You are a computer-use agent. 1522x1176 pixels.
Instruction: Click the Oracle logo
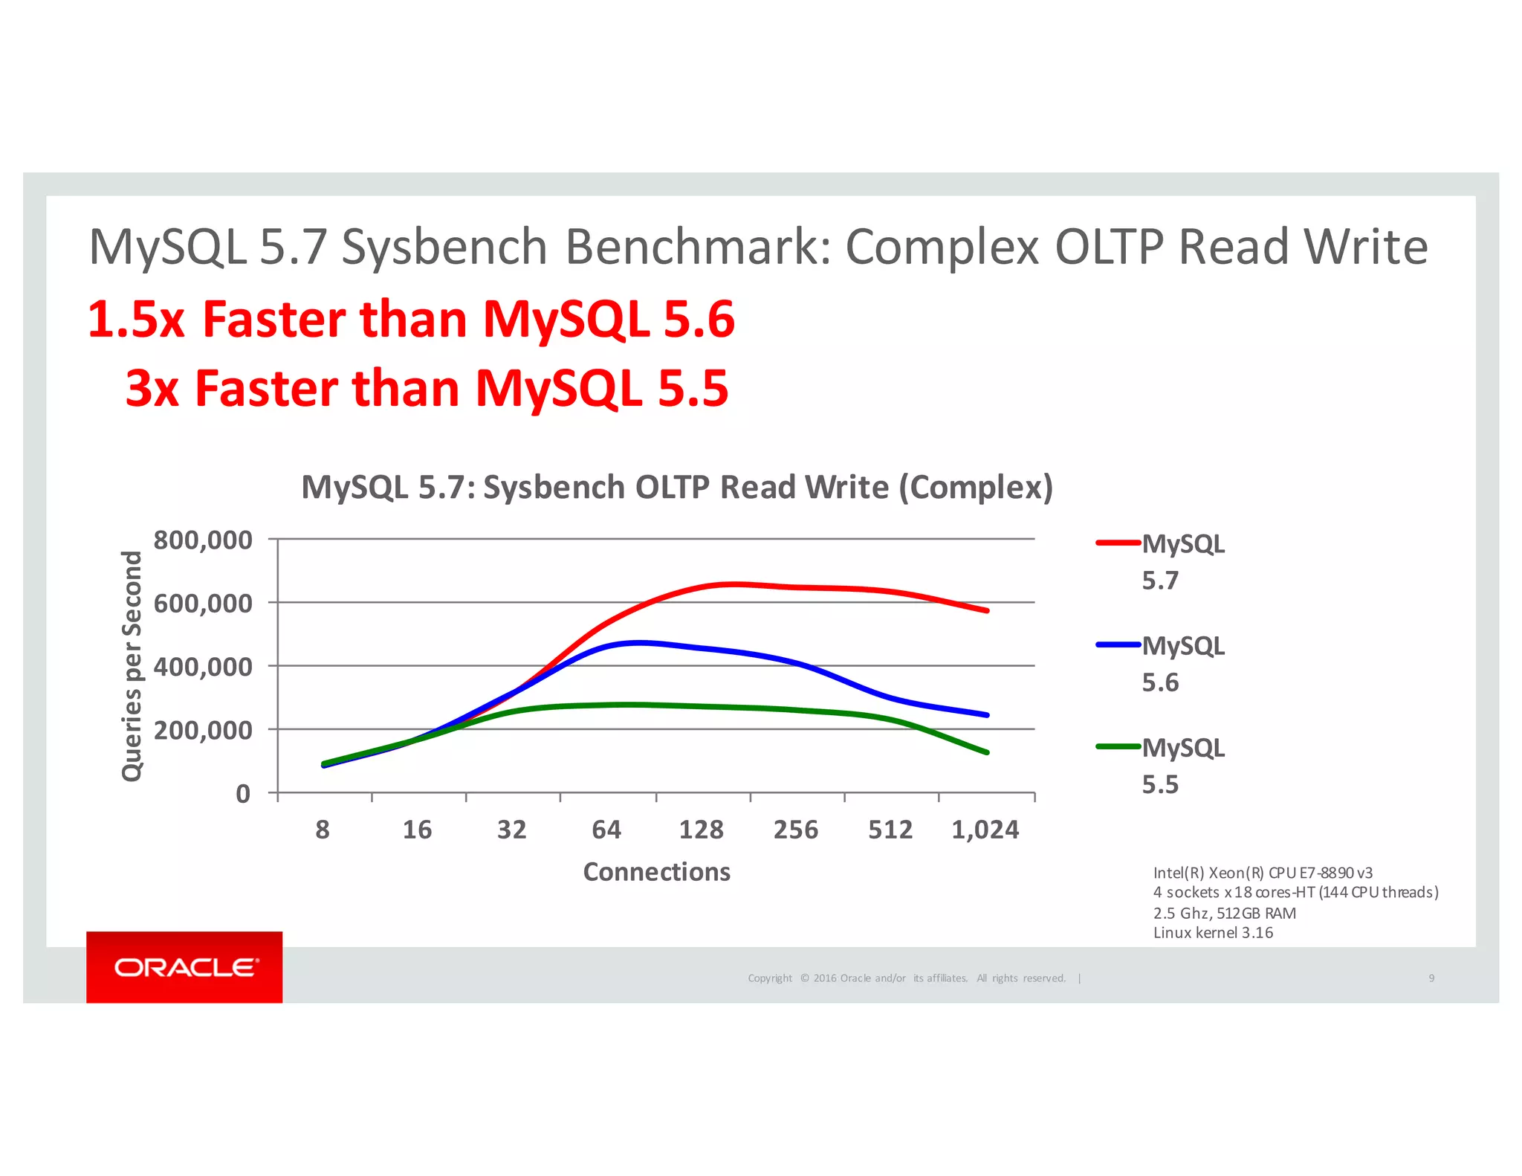[184, 967]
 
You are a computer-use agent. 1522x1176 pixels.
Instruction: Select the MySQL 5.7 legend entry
[1161, 561]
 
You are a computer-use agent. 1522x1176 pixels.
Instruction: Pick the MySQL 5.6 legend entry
[1161, 663]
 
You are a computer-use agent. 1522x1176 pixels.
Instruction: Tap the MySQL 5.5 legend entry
[1161, 765]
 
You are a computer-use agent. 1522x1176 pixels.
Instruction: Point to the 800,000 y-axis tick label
[202, 540]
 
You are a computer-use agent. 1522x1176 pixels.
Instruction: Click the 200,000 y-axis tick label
[202, 731]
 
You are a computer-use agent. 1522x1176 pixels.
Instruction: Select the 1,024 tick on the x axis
[985, 830]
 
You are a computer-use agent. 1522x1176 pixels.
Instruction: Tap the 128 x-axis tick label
[701, 830]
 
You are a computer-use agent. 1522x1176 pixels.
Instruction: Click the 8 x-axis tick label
[323, 830]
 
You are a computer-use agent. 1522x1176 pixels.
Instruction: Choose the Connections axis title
[656, 872]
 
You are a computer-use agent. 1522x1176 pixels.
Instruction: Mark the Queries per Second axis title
[132, 666]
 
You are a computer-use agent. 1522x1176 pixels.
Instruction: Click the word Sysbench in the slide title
[444, 247]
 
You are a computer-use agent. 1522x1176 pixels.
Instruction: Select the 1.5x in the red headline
[136, 320]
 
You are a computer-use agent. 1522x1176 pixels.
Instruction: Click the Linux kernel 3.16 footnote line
[1213, 933]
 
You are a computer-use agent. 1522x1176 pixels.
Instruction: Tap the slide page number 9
[1431, 978]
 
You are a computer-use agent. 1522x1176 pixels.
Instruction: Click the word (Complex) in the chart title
[976, 488]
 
